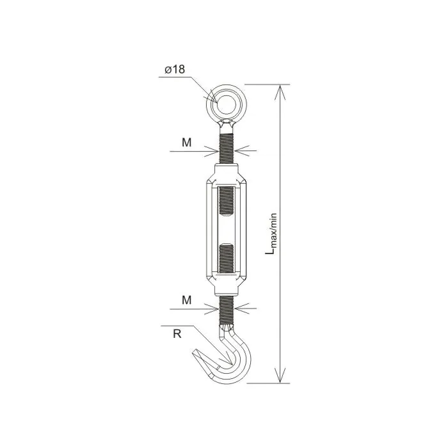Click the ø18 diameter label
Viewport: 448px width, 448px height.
point(175,69)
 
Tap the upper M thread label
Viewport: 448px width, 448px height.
point(187,143)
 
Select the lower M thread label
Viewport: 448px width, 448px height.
point(187,300)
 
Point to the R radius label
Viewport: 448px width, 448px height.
point(177,333)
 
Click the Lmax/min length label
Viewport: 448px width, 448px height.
point(272,234)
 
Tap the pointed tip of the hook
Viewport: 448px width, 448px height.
point(195,351)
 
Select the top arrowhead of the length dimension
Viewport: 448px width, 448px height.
point(280,92)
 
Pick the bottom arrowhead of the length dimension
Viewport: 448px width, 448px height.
point(280,376)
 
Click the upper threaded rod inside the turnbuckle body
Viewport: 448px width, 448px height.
point(227,201)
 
